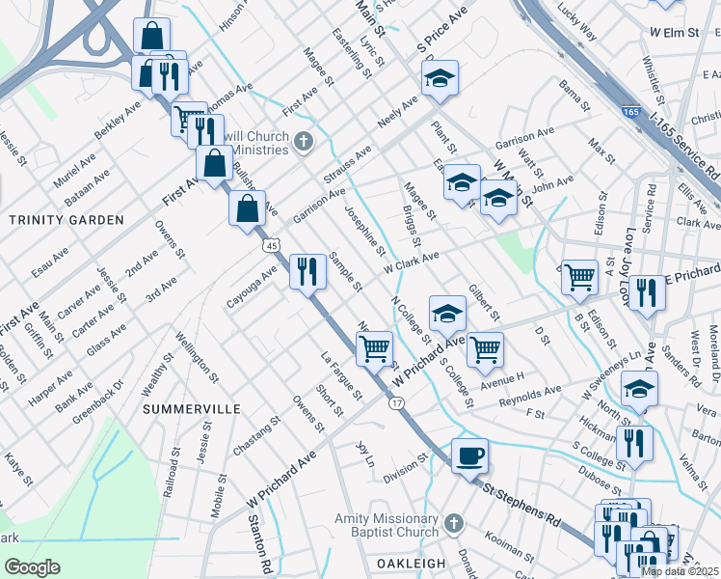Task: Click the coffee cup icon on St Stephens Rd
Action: pyautogui.click(x=469, y=455)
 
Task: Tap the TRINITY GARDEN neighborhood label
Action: pyautogui.click(x=67, y=220)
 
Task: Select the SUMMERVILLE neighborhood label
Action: pyautogui.click(x=192, y=409)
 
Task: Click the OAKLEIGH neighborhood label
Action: pyautogui.click(x=409, y=564)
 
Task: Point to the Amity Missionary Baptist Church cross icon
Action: pyautogui.click(x=453, y=525)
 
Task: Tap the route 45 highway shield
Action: pyautogui.click(x=275, y=246)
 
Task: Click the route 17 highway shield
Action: pyautogui.click(x=397, y=401)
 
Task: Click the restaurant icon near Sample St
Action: pyautogui.click(x=307, y=270)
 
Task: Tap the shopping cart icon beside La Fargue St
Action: pyautogui.click(x=374, y=347)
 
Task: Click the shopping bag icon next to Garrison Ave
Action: pyautogui.click(x=248, y=207)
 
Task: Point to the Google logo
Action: pyautogui.click(x=32, y=566)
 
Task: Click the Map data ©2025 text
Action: pyautogui.click(x=680, y=571)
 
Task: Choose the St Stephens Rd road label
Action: pyautogui.click(x=521, y=504)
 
